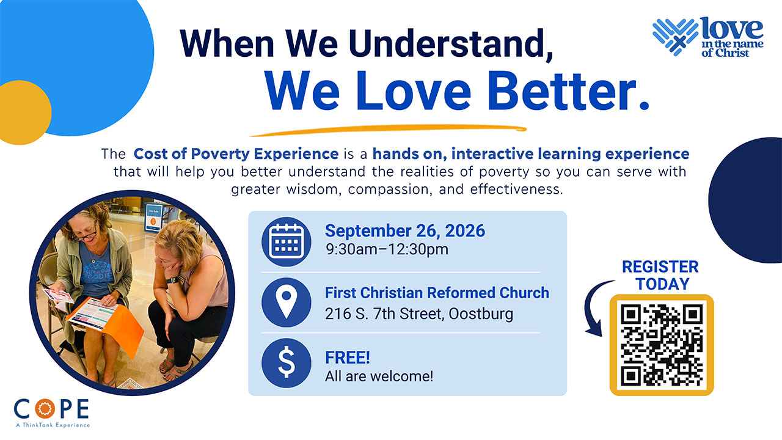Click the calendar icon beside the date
[287, 241]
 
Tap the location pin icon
[287, 302]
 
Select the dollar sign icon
[287, 363]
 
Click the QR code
[662, 345]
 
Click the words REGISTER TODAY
[660, 275]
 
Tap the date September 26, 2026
[405, 231]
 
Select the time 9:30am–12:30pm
[387, 249]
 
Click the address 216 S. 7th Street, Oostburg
[419, 313]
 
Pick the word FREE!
[348, 358]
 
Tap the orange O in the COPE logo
[45, 409]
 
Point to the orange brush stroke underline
[388, 130]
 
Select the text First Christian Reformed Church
[437, 293]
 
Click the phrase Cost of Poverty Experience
[236, 153]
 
